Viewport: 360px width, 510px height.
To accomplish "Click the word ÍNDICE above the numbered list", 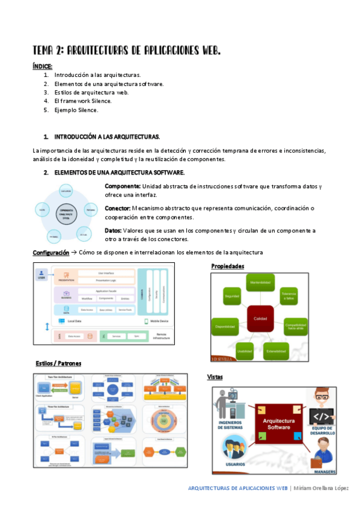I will (43, 66).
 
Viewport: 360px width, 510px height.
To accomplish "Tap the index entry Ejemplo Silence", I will (76, 110).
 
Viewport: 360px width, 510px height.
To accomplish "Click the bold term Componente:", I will (123, 186).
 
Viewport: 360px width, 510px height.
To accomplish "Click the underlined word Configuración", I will (51, 253).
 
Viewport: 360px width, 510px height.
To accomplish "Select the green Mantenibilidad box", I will (260, 283).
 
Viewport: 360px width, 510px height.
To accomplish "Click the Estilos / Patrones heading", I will (58, 364).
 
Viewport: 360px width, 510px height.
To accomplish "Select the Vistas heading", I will (215, 376).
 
